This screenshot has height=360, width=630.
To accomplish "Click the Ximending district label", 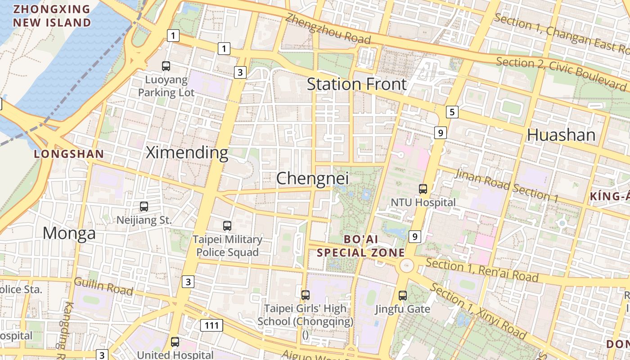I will click(187, 153).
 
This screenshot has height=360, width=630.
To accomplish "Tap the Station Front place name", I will click(356, 84).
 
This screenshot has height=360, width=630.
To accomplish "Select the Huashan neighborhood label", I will click(561, 135).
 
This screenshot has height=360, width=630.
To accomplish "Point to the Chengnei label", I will click(312, 178).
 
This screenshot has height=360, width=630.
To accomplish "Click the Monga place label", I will click(69, 233).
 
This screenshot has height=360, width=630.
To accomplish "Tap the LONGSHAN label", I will click(69, 154).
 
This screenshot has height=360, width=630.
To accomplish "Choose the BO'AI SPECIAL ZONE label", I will click(361, 246).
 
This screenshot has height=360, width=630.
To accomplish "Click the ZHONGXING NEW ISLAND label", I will click(52, 16).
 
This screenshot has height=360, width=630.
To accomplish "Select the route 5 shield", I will click(452, 112).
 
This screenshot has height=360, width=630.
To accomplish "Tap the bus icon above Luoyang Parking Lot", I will click(166, 66).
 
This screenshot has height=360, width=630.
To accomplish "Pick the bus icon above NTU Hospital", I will click(423, 189).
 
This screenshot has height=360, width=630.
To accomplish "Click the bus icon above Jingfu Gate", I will click(403, 296).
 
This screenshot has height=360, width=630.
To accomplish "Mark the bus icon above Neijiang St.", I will click(144, 207).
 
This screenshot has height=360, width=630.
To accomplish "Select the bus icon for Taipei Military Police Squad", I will click(227, 226).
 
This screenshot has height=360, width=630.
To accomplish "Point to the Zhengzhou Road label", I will click(328, 28).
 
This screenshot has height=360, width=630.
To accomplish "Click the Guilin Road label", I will click(103, 286).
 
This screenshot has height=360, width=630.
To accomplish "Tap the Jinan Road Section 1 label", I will click(506, 185).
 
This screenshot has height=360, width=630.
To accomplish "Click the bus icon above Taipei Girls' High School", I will click(306, 295).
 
